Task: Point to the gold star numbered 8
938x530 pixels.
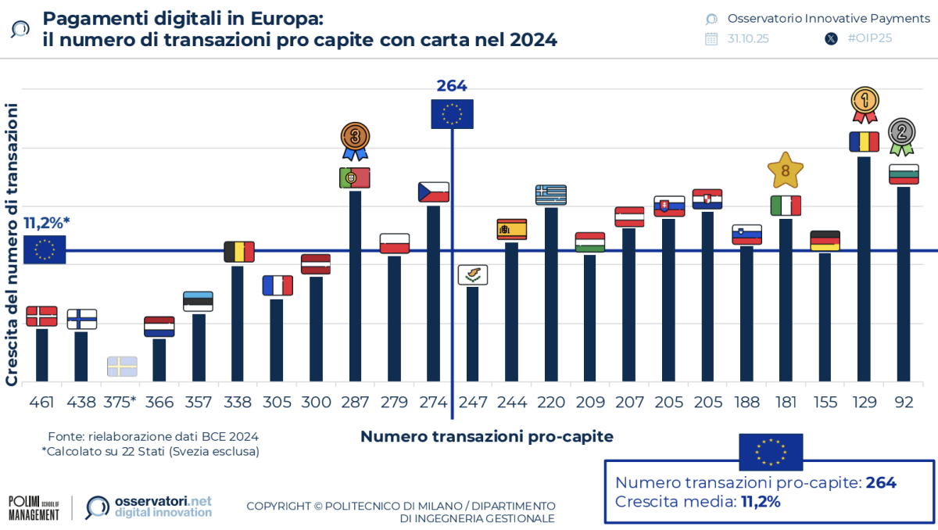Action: tap(786, 170)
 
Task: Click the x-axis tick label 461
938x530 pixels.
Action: tap(41, 403)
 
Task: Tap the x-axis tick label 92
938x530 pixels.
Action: tap(903, 403)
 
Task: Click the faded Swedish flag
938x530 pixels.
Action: tap(122, 366)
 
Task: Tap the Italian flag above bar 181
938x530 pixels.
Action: tap(786, 206)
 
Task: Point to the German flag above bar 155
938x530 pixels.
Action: tap(825, 241)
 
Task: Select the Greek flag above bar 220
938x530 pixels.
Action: tap(551, 195)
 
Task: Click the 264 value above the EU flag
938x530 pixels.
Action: tap(452, 86)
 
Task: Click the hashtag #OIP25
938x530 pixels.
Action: tap(869, 38)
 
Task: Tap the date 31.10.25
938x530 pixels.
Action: tap(747, 38)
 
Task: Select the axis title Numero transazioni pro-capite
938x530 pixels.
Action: tap(486, 436)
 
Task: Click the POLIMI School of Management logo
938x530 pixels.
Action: tap(34, 507)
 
